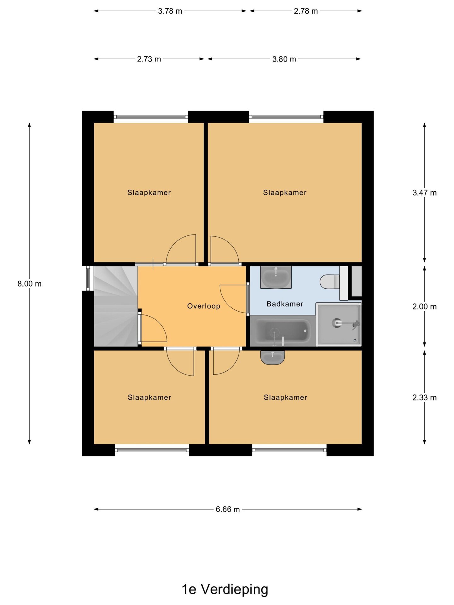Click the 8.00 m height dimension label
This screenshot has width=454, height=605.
point(29,284)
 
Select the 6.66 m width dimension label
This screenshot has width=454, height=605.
point(228,509)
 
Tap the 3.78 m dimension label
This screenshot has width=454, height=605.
point(170,11)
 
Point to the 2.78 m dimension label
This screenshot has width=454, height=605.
point(306,11)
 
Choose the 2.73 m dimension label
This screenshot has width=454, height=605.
point(149,59)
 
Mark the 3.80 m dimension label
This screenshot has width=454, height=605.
point(284,59)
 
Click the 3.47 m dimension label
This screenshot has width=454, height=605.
point(424,193)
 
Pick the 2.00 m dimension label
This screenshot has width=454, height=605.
point(424,307)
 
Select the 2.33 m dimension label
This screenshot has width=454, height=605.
point(424,398)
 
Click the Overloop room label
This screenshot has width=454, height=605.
point(204,306)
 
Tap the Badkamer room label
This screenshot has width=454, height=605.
point(285,304)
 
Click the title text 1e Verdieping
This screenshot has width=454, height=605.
point(225,589)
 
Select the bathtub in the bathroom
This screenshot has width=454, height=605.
point(282,331)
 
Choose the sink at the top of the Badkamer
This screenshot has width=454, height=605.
point(276,277)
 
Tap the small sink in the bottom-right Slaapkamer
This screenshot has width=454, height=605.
point(272,358)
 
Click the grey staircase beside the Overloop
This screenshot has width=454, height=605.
point(116,306)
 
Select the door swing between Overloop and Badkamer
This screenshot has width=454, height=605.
point(233,299)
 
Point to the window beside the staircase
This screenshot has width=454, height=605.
point(88,278)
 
